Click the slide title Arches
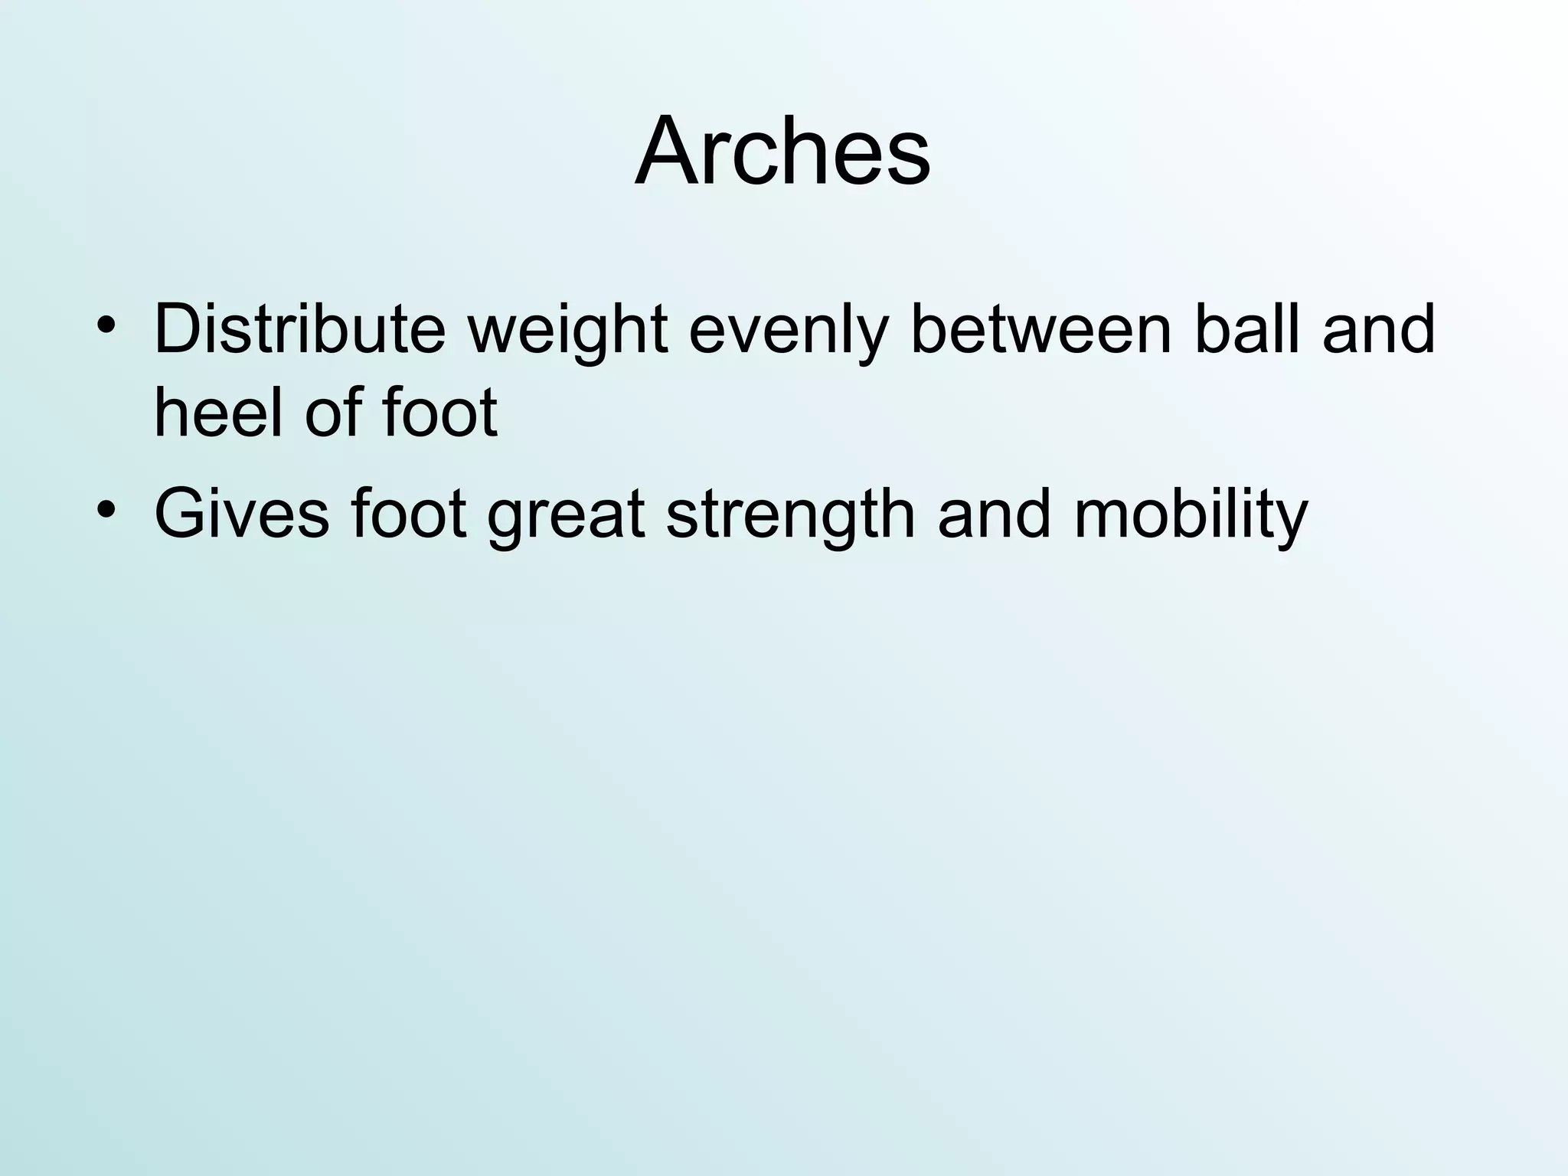pos(782,151)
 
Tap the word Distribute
pos(299,330)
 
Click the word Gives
pos(242,514)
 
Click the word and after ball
pos(1378,330)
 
